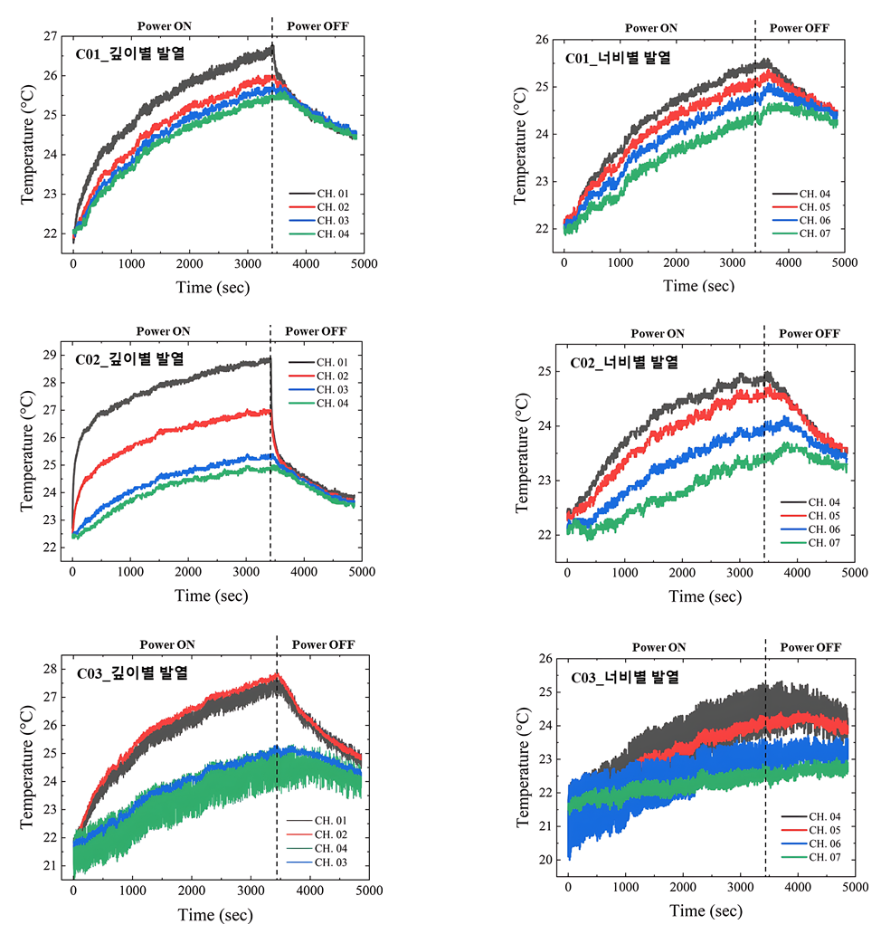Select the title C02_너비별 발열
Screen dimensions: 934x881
tap(624, 363)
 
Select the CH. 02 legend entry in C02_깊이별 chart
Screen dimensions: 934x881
tap(334, 376)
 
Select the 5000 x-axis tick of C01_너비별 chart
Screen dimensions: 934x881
tap(844, 262)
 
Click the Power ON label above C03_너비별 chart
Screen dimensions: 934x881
tap(658, 647)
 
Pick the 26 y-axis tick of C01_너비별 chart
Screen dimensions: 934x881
tap(540, 40)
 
